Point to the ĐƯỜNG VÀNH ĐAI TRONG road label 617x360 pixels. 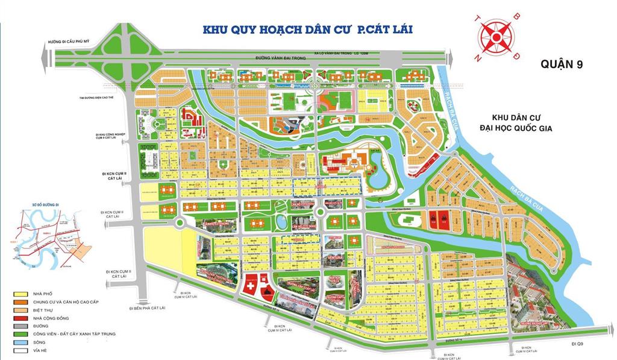tap(242, 58)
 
